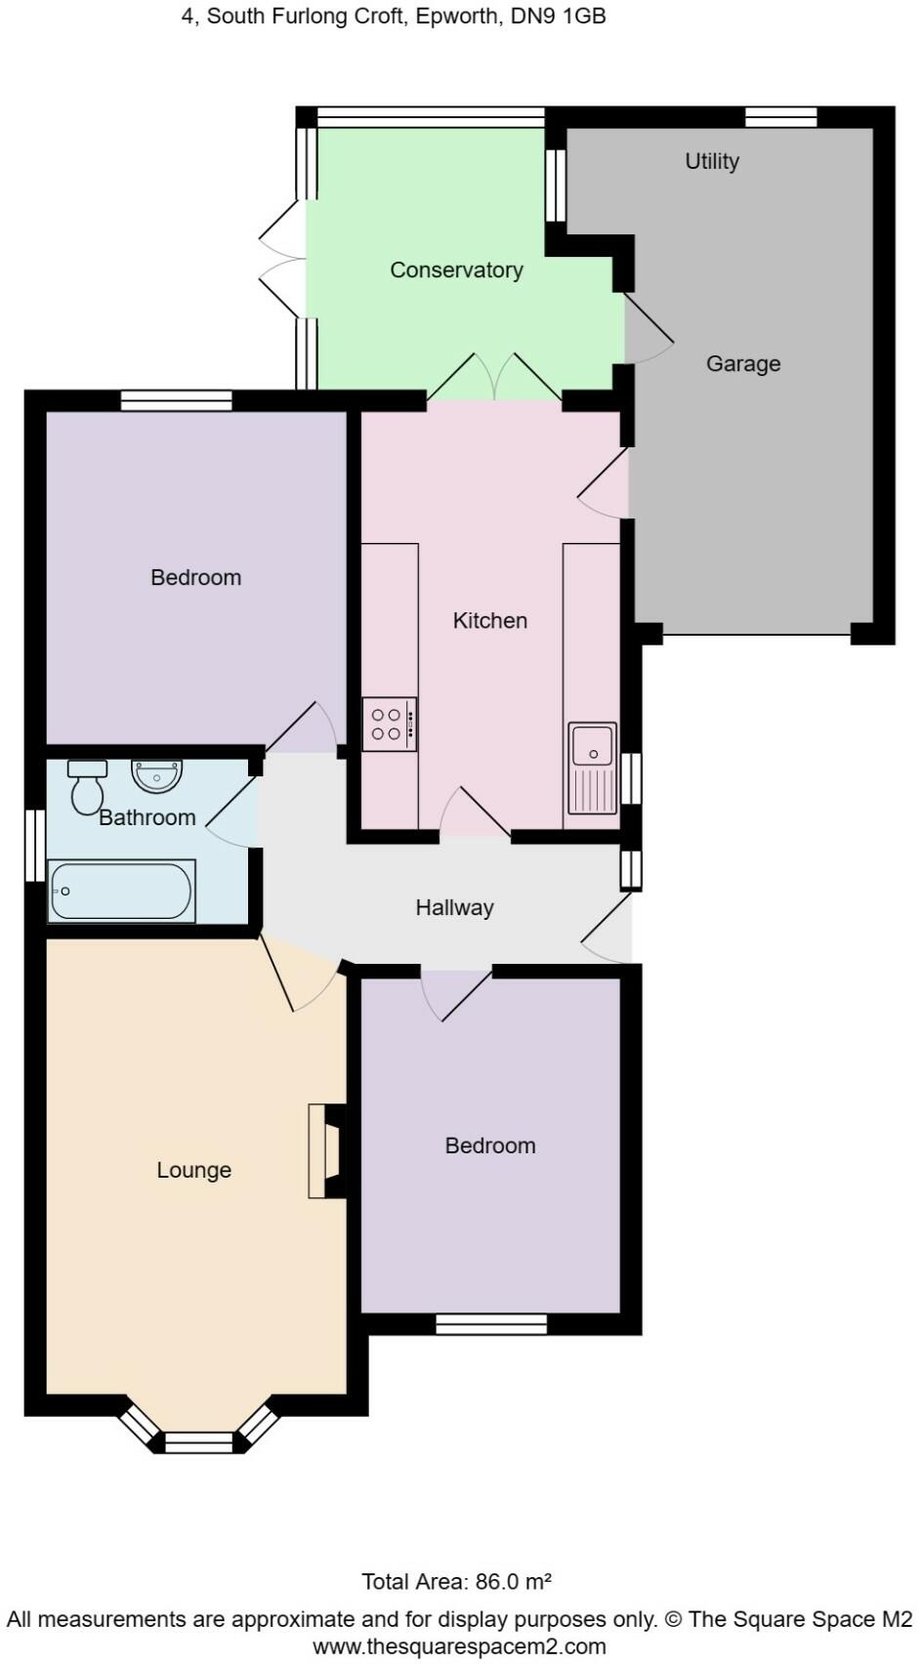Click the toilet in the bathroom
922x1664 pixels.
click(87, 787)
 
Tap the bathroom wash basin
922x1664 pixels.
click(156, 775)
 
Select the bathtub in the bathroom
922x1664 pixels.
click(122, 891)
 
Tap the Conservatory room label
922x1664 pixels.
click(456, 270)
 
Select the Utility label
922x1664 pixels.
click(712, 161)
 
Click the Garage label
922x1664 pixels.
click(743, 364)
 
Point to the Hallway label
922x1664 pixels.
click(454, 908)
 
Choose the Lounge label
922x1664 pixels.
click(193, 1170)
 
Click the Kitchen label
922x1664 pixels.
click(489, 621)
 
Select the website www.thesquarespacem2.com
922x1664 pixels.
click(459, 1647)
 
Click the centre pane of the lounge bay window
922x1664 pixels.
click(199, 1442)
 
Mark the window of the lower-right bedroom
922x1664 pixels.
click(491, 1324)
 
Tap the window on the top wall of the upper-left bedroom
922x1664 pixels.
click(177, 400)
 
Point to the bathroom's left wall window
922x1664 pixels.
click(35, 846)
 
